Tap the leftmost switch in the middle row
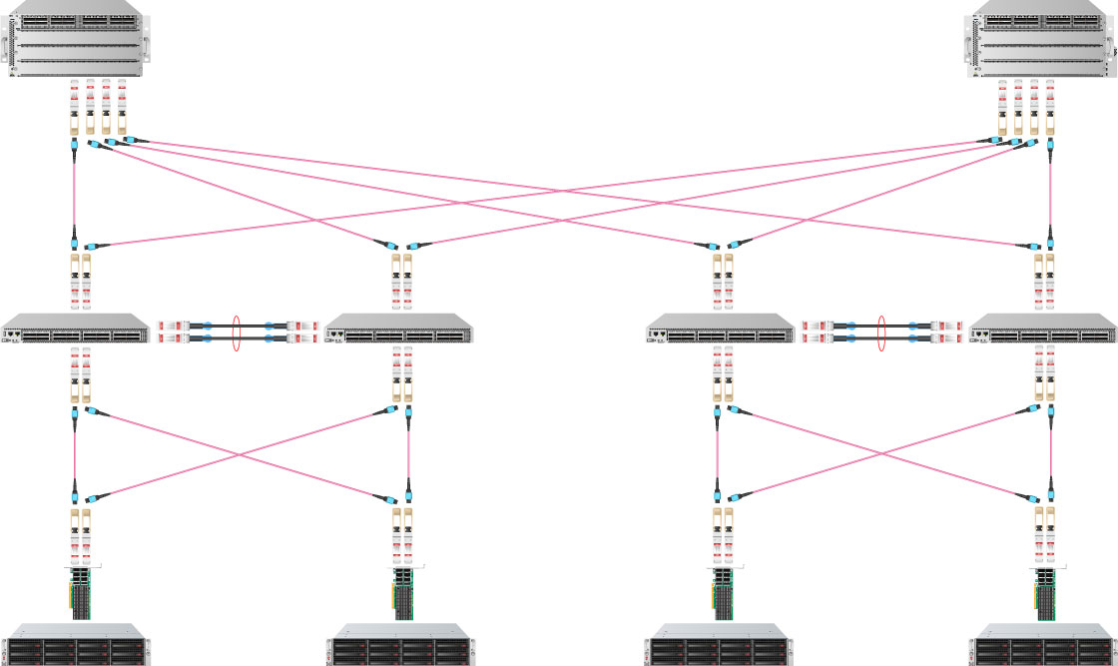click(x=74, y=329)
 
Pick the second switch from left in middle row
click(x=398, y=329)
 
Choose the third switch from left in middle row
click(x=720, y=329)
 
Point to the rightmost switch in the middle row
click(x=1043, y=329)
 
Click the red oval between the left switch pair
click(x=238, y=333)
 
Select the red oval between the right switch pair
click(x=881, y=333)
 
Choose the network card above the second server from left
click(x=401, y=591)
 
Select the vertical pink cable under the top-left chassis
click(x=74, y=195)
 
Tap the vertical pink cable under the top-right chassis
click(x=1049, y=195)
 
